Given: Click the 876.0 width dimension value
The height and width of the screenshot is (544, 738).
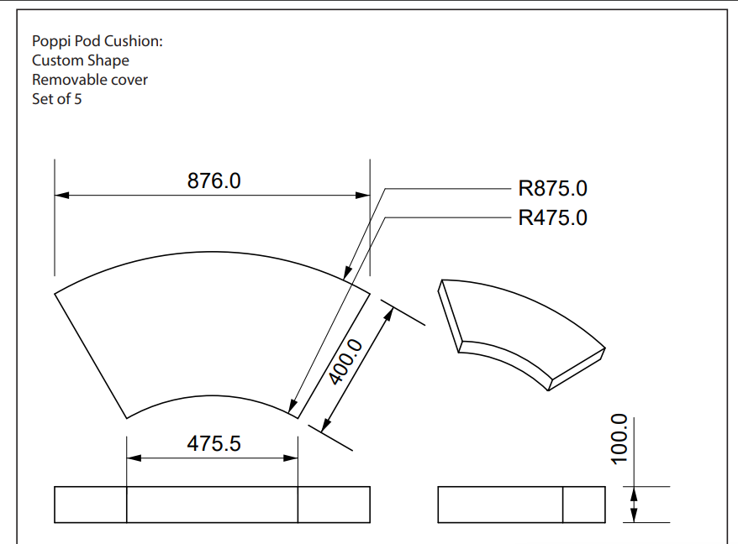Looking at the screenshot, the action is pos(213,181).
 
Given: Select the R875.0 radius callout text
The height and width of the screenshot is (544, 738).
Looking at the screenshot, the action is pos(552,189).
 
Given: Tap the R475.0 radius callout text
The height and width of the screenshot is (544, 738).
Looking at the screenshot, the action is pos(552,218).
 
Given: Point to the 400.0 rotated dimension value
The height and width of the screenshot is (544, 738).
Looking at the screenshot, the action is pos(346,362).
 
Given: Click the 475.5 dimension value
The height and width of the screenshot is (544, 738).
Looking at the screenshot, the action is pos(213,444).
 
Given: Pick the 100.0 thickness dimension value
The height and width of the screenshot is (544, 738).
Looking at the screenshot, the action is pos(619,439).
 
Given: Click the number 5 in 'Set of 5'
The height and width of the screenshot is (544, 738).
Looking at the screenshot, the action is pos(77,99).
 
